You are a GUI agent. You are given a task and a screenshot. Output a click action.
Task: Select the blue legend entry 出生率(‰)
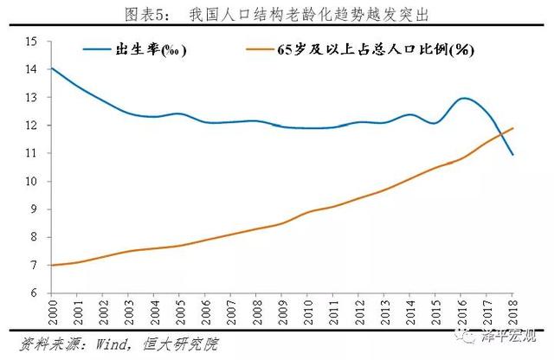point(134,49)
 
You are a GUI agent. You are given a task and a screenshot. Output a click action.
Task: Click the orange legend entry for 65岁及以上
point(360,49)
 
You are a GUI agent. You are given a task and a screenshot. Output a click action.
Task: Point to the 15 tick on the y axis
point(31,42)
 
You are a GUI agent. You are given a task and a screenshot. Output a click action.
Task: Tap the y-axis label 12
point(31,125)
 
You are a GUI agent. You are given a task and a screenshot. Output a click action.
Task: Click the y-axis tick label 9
point(34,209)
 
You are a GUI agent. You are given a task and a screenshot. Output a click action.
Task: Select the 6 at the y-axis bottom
point(34,292)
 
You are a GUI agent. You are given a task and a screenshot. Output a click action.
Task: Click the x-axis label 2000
point(52,312)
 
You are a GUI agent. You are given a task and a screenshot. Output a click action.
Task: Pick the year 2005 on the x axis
point(180,312)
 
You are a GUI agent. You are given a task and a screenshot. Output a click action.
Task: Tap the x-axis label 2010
point(308,312)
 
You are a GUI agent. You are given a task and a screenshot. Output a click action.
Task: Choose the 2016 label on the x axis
point(461,312)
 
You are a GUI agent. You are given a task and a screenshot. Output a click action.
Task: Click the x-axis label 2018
point(512,312)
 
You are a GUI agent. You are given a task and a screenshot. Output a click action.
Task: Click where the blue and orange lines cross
point(500,134)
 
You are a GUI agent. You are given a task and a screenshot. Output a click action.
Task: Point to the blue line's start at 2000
point(52,67)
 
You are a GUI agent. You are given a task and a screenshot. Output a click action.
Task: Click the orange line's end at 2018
point(512,128)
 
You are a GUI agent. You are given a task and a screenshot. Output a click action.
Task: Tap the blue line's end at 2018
point(512,155)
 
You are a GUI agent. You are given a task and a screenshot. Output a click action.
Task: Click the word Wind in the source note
point(112,344)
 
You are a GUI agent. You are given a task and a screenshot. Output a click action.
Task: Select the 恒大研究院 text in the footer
point(181,344)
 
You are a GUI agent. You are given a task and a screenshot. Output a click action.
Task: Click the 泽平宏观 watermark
point(509,336)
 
